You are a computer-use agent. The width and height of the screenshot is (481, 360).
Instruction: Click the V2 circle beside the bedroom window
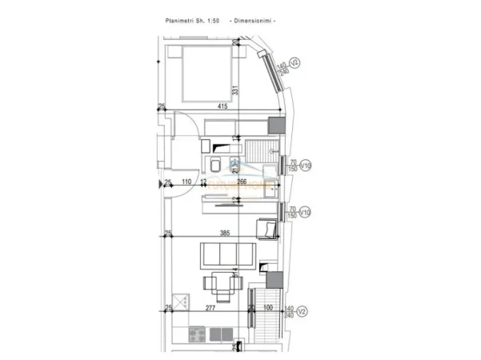[x=295, y=62]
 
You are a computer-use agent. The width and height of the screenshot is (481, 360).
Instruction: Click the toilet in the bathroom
[x=216, y=166]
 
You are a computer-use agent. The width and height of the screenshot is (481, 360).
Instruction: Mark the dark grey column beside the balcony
[x=275, y=280]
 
